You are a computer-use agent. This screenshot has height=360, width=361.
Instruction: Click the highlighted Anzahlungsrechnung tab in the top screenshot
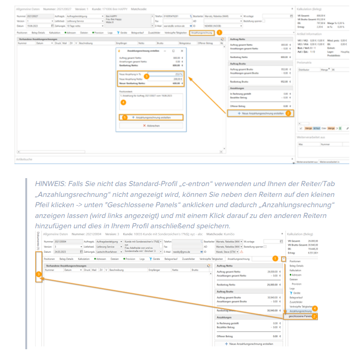pos(202,33)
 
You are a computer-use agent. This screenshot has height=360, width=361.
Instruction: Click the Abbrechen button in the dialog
pos(150,126)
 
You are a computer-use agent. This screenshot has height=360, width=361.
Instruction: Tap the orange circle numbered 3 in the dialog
pos(147,75)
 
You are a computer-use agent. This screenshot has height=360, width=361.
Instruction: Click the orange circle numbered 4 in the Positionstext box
pos(123,102)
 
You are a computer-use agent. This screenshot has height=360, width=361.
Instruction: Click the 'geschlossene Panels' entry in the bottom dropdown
pos(300,316)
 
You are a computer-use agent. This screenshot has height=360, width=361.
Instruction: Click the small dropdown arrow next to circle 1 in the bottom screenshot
pos(284,258)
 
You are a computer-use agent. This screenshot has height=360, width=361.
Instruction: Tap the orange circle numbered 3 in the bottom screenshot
pos(39,274)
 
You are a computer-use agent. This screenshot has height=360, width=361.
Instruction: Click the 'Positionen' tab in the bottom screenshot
pos(49,259)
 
